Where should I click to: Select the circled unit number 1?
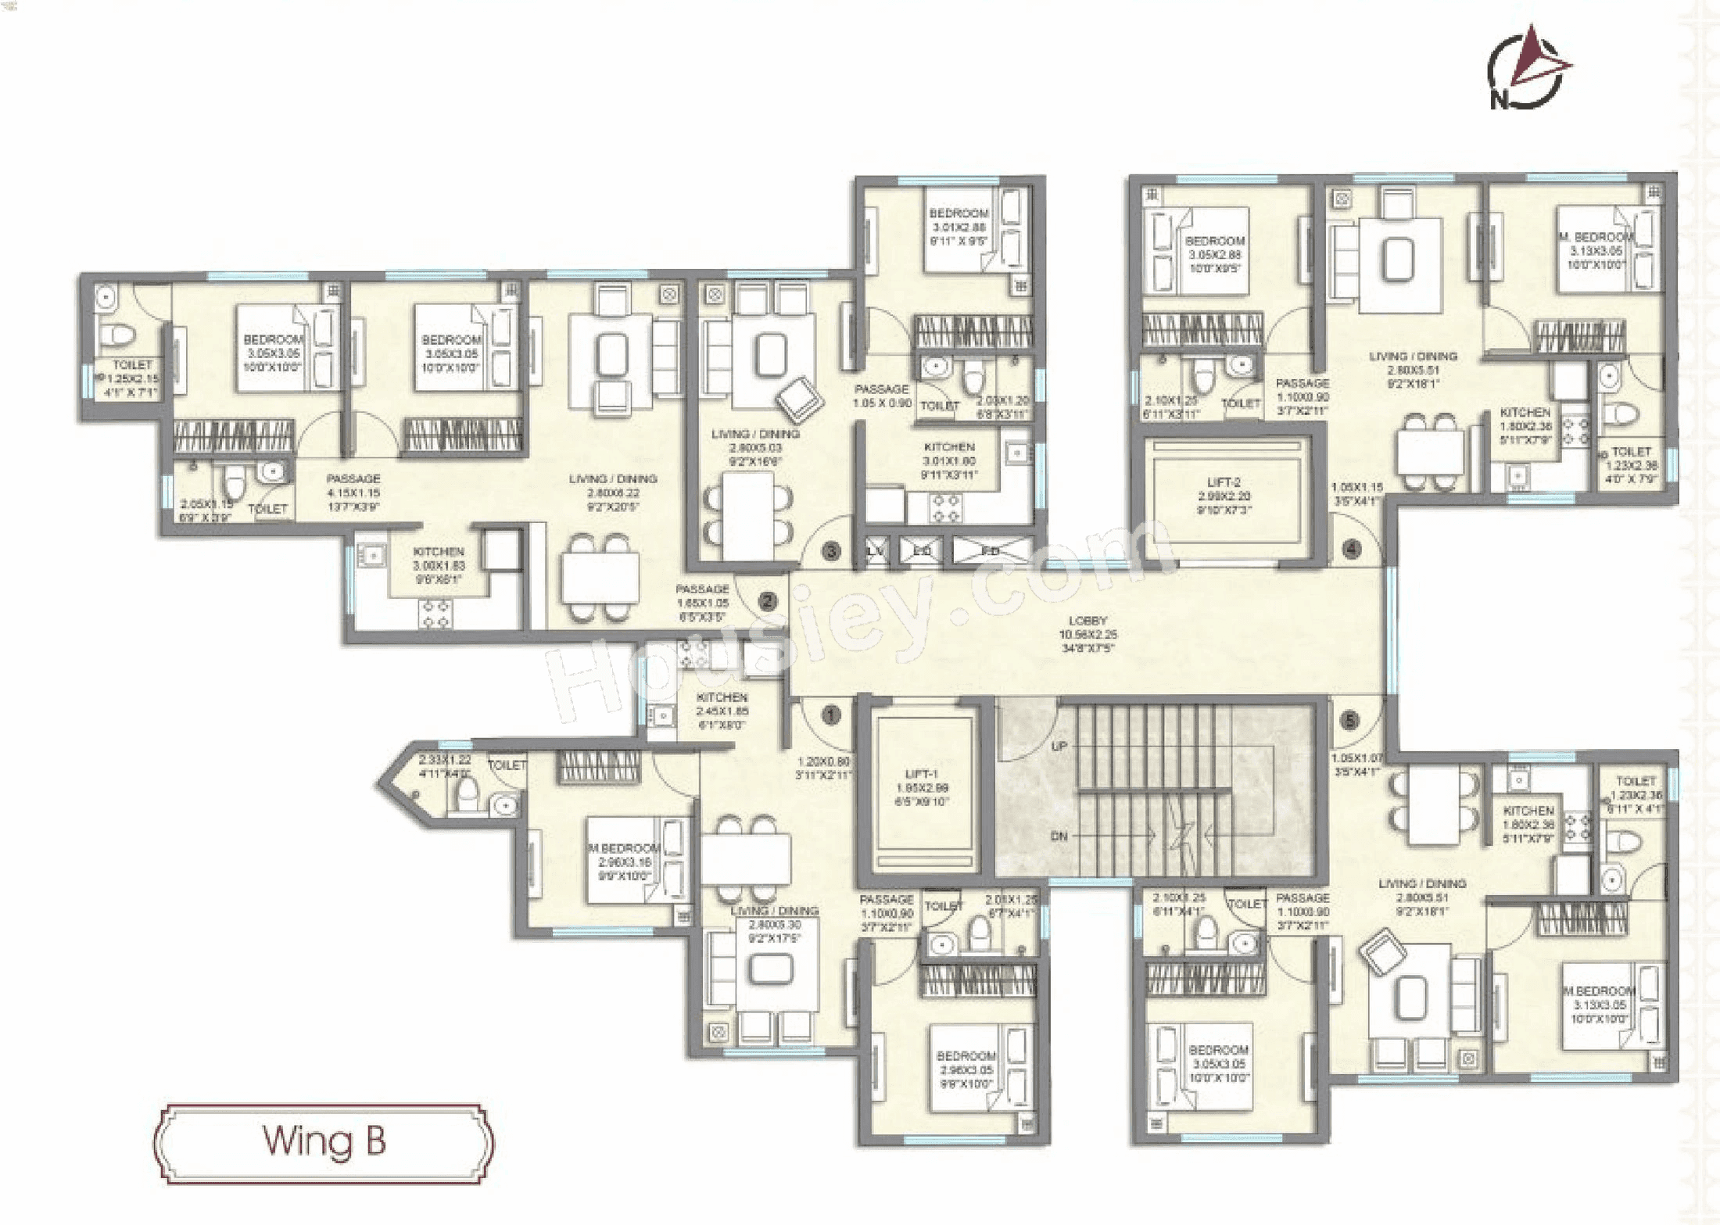tap(831, 715)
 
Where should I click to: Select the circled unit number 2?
tap(768, 601)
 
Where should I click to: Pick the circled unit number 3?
tap(831, 552)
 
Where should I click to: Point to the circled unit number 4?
tap(1352, 549)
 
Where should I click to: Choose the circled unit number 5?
tap(1350, 721)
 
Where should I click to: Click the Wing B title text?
tap(324, 1141)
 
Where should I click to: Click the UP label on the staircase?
tap(1059, 747)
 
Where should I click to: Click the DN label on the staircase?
tap(1059, 836)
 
